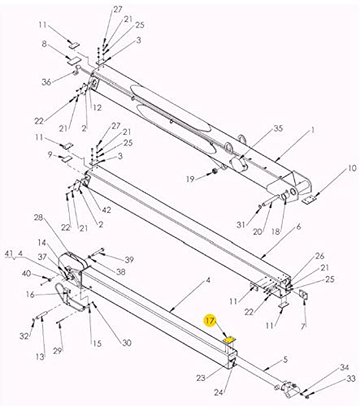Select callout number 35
[278, 128]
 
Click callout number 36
[46, 80]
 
